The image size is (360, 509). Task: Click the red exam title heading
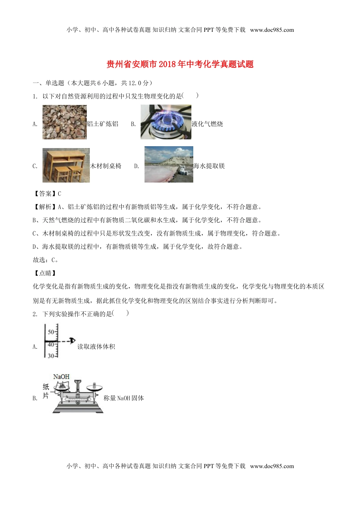[x=180, y=64]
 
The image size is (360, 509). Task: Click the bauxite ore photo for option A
[x=64, y=122]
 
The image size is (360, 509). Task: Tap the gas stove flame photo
[x=166, y=122]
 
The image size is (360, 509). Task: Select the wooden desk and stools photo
[x=66, y=165]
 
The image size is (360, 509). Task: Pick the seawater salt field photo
[x=169, y=164]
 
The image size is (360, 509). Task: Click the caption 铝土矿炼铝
[x=103, y=124]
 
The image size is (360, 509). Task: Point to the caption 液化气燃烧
[x=207, y=124]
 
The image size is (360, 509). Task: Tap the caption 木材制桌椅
[x=106, y=166]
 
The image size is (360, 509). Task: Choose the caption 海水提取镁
[x=209, y=166]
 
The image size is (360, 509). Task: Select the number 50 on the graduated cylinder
[x=51, y=332]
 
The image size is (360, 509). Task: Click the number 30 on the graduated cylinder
[x=51, y=356]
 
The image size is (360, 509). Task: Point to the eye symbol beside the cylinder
[x=72, y=340]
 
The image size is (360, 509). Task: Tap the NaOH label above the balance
[x=61, y=376]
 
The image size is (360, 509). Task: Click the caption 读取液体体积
[x=96, y=347]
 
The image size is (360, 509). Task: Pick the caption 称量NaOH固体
[x=124, y=398]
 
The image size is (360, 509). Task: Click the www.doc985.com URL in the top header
[x=272, y=30]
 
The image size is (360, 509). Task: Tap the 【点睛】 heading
[x=45, y=273]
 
